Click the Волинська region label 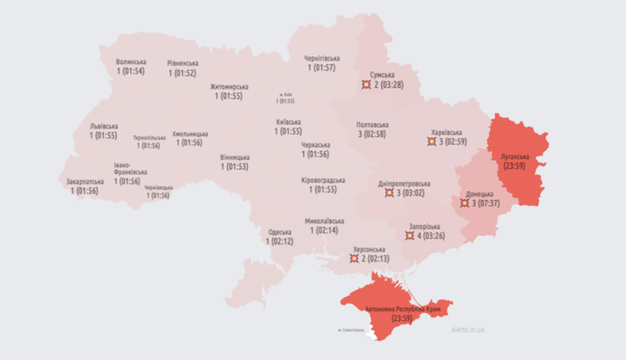131,62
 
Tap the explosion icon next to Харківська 432,142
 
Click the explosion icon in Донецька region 462,204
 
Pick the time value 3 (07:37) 486,204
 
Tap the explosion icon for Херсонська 354,259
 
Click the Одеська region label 280,232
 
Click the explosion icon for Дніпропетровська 387,193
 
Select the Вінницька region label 234,156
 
